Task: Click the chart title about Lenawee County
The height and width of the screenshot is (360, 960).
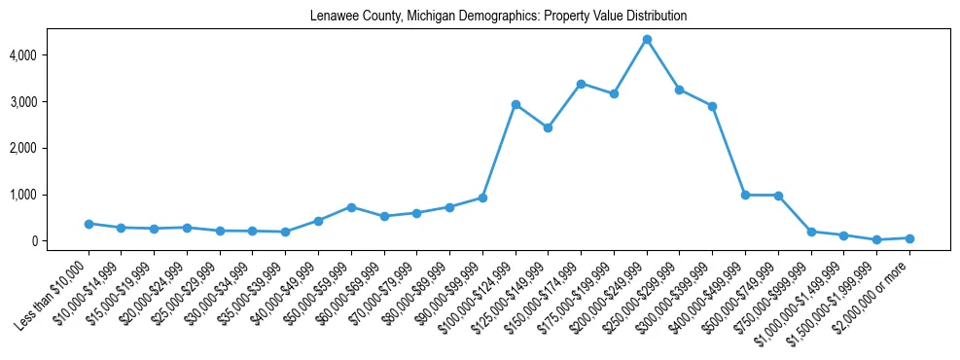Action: (x=498, y=17)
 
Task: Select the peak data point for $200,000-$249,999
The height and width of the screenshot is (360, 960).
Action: (x=647, y=39)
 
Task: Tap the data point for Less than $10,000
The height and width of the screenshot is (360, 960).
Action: (x=89, y=224)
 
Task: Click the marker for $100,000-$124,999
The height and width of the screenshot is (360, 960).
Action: (x=516, y=104)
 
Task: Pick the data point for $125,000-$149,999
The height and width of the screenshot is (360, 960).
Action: (x=549, y=127)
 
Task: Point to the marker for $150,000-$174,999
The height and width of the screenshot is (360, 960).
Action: (x=581, y=84)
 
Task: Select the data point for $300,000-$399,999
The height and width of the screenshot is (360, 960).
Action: (x=713, y=106)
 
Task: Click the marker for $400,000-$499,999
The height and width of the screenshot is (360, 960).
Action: (x=745, y=195)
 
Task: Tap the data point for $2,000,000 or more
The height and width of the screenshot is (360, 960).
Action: (x=909, y=238)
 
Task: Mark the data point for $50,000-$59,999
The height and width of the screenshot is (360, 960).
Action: (x=351, y=207)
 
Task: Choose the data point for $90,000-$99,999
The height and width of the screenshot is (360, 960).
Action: (x=482, y=198)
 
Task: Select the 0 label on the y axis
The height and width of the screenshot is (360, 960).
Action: (x=60, y=241)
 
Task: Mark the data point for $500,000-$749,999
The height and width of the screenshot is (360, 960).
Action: (x=778, y=196)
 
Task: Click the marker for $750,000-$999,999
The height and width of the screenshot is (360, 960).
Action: (x=811, y=232)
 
